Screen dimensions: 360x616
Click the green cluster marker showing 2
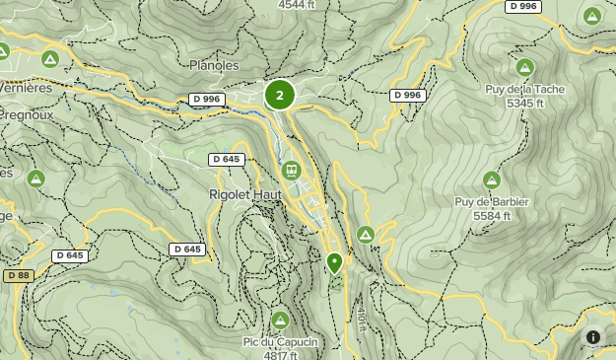pyautogui.click(x=280, y=95)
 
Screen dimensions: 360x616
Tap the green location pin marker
pyautogui.click(x=334, y=262)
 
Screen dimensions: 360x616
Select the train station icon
pyautogui.click(x=292, y=170)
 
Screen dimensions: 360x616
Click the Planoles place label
pyautogui.click(x=213, y=65)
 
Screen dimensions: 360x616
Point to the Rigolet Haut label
pyautogui.click(x=245, y=194)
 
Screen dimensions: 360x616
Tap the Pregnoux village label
pyautogui.click(x=26, y=114)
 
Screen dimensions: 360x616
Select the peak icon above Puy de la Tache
pyautogui.click(x=525, y=67)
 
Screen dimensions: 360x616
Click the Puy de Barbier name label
pyautogui.click(x=492, y=202)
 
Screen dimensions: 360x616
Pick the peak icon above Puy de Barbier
pyautogui.click(x=492, y=180)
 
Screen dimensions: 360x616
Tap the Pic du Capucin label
pyautogui.click(x=280, y=342)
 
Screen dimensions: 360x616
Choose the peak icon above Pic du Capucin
pyautogui.click(x=280, y=320)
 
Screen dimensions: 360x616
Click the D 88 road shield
pyautogui.click(x=18, y=275)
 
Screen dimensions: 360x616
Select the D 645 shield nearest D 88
pyautogui.click(x=70, y=255)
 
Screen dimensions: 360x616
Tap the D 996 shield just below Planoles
pyautogui.click(x=207, y=99)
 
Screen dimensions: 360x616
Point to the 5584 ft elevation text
pyautogui.click(x=492, y=215)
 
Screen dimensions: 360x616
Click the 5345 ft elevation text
pyautogui.click(x=526, y=103)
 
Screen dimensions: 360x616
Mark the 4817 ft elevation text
pyautogui.click(x=280, y=355)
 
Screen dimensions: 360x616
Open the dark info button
pyautogui.click(x=593, y=337)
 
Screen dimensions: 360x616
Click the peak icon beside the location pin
pyautogui.click(x=366, y=235)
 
